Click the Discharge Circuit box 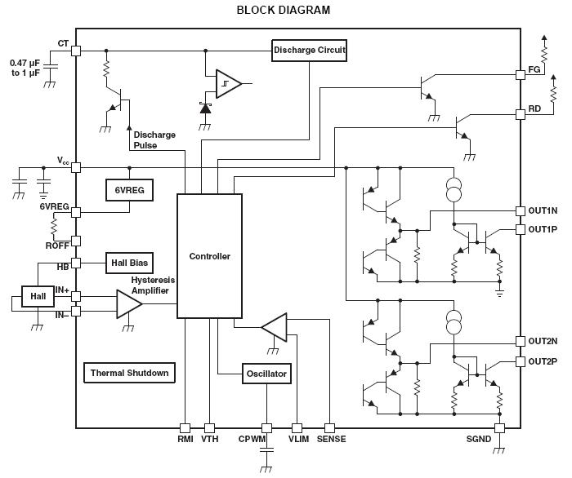[310, 51]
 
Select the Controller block [209, 256]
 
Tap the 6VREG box [125, 189]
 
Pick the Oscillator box [266, 374]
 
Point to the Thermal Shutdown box [129, 373]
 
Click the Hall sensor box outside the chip [38, 296]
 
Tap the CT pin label [63, 43]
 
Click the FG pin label [534, 70]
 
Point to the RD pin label [534, 108]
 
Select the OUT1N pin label [543, 210]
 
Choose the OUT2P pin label [543, 361]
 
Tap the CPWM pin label [253, 439]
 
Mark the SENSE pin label [330, 439]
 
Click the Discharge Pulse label [154, 140]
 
